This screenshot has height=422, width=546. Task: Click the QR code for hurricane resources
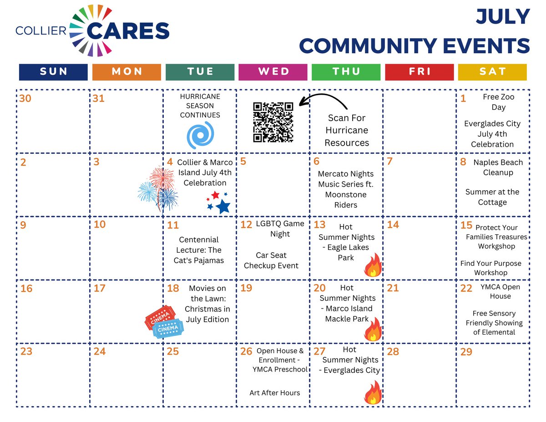coord(273,122)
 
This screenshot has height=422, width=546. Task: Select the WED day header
coord(273,72)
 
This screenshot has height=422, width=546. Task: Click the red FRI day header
coord(419,72)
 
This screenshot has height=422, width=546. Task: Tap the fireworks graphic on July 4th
coord(158,191)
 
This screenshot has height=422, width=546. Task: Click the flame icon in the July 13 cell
coord(373,266)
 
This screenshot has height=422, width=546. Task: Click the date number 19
coord(246,288)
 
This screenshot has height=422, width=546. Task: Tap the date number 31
coord(99,98)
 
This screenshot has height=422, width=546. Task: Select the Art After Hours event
coord(274,392)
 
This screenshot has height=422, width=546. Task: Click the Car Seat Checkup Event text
coord(271,260)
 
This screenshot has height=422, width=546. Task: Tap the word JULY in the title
coord(503,17)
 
